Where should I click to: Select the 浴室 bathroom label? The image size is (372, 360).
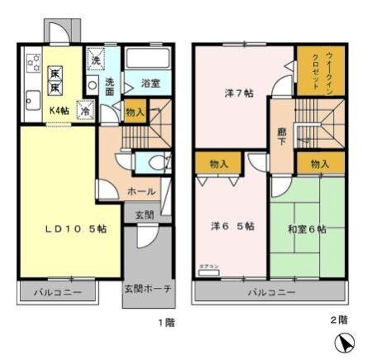click(150, 83)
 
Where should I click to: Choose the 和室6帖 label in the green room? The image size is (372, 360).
click(307, 226)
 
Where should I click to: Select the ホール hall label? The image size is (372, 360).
click(141, 191)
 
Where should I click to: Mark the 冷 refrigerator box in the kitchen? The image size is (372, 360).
click(85, 108)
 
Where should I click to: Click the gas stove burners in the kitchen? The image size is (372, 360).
click(33, 61)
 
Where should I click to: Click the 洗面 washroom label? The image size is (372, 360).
click(110, 86)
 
